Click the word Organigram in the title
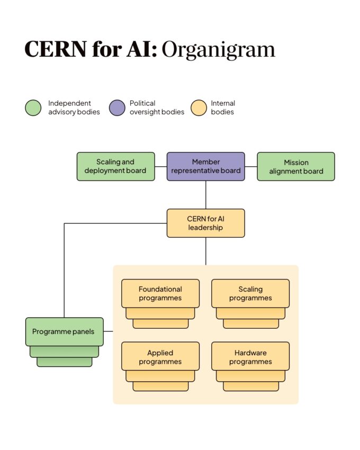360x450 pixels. (x=218, y=49)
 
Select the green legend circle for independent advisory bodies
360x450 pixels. (x=33, y=107)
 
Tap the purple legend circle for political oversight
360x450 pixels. (x=117, y=107)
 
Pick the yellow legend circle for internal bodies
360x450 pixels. (x=199, y=107)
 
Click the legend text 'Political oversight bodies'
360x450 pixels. (x=157, y=107)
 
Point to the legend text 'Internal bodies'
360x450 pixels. (x=223, y=107)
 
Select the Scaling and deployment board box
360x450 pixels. (x=115, y=166)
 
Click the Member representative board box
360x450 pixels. (x=206, y=166)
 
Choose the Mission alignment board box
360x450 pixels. (x=296, y=167)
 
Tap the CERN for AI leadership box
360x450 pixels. (x=206, y=223)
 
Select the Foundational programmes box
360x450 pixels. (x=160, y=293)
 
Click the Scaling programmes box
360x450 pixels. (x=250, y=293)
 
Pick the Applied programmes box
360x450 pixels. (x=160, y=357)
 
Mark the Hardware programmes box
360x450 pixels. (x=250, y=357)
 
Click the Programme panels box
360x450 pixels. (x=64, y=331)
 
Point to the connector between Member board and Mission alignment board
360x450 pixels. (x=251, y=166)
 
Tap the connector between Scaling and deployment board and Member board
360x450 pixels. (x=161, y=166)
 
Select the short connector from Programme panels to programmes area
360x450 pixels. (x=107, y=331)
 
